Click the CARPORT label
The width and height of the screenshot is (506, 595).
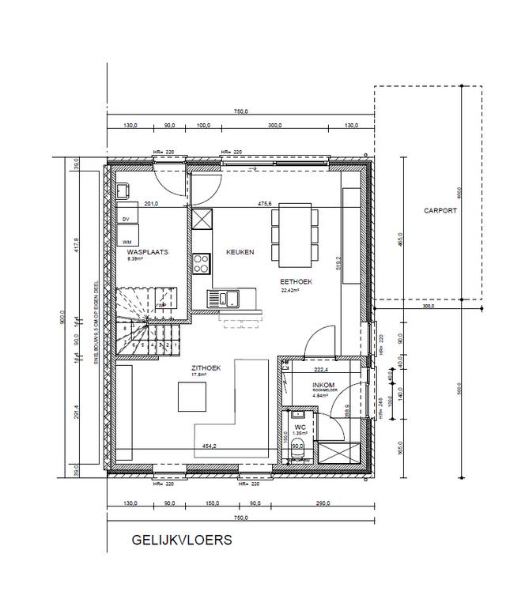tap(440, 212)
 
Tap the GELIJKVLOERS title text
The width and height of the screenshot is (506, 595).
tap(182, 540)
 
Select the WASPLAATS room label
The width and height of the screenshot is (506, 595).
tap(144, 252)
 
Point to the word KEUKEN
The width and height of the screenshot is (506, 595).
tap(240, 252)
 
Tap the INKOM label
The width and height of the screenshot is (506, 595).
tap(303, 382)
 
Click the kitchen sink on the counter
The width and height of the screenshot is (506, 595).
tap(224, 298)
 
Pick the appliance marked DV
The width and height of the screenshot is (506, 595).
tap(126, 219)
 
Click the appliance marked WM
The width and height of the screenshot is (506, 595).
tap(126, 241)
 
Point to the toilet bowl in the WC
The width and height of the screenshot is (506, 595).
tap(296, 454)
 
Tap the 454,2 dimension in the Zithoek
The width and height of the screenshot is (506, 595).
tap(210, 446)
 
